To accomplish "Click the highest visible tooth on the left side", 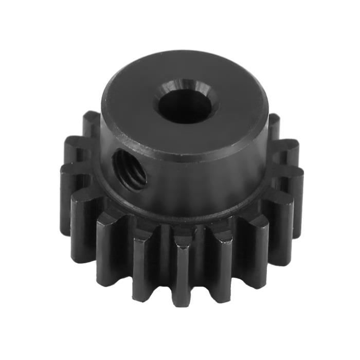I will tap(91, 123).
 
